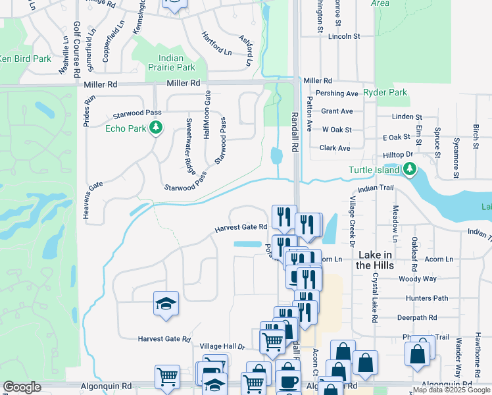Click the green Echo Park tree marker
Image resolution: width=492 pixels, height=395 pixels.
click(156, 127)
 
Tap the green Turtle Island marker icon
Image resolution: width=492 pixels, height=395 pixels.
click(410, 170)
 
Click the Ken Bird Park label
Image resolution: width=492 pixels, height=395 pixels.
click(25, 59)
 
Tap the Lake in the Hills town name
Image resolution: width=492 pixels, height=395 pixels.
click(374, 259)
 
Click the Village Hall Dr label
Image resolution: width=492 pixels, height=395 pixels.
click(222, 346)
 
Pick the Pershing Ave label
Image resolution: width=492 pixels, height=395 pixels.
click(337, 93)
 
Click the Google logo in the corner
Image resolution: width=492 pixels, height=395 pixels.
click(22, 387)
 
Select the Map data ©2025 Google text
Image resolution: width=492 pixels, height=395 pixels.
click(451, 390)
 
